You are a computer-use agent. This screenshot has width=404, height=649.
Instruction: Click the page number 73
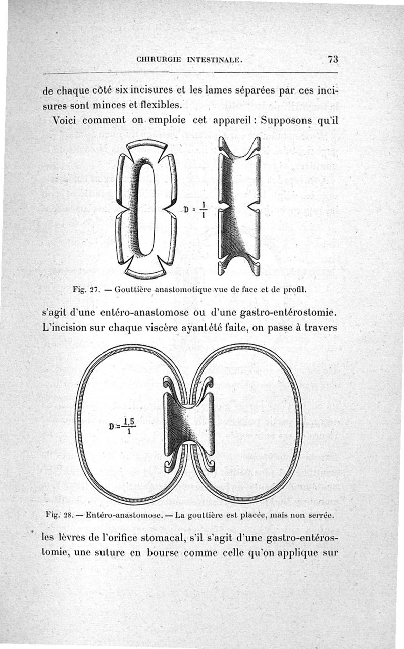333,59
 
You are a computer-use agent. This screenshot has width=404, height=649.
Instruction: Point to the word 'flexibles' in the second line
155,105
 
